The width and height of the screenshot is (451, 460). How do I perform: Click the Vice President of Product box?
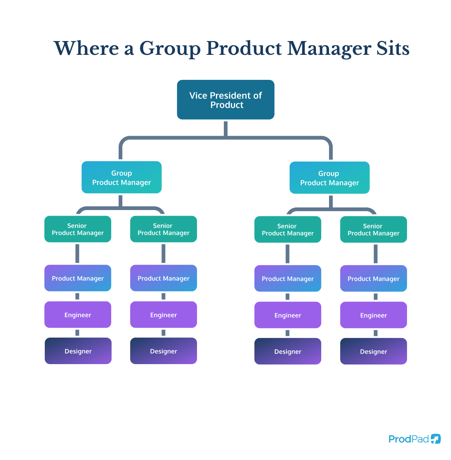(225, 100)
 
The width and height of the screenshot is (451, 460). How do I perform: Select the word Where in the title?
(86, 48)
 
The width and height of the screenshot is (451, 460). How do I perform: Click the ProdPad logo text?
(408, 439)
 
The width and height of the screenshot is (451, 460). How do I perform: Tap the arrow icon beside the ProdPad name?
(436, 439)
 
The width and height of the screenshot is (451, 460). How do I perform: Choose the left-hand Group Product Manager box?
(122, 177)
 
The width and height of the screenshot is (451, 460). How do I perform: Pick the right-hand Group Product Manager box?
(329, 178)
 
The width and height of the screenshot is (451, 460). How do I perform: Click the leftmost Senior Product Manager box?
(78, 229)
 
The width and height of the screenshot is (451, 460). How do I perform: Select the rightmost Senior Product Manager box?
(373, 229)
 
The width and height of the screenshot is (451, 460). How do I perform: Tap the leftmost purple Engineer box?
(78, 315)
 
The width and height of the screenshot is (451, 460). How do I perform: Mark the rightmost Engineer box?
(373, 315)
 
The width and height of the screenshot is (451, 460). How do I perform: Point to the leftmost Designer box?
(78, 351)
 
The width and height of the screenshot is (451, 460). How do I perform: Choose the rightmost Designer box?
(373, 351)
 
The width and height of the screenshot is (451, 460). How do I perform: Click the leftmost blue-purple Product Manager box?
(78, 278)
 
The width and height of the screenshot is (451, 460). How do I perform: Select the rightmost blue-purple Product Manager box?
(373, 278)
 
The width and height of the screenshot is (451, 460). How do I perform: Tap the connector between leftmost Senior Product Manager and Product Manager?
(77, 253)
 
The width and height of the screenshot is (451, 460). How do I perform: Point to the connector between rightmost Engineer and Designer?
(376, 333)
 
